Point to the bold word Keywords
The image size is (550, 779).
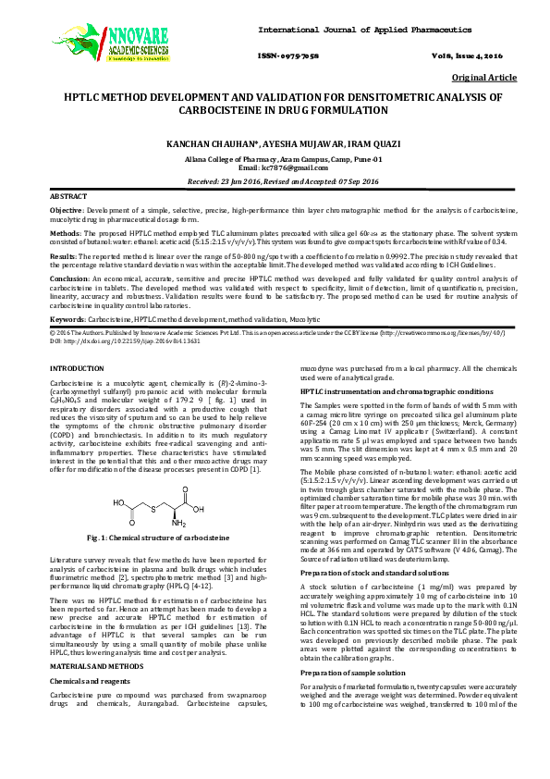coord(67,319)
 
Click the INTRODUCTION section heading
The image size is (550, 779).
coord(78,369)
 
